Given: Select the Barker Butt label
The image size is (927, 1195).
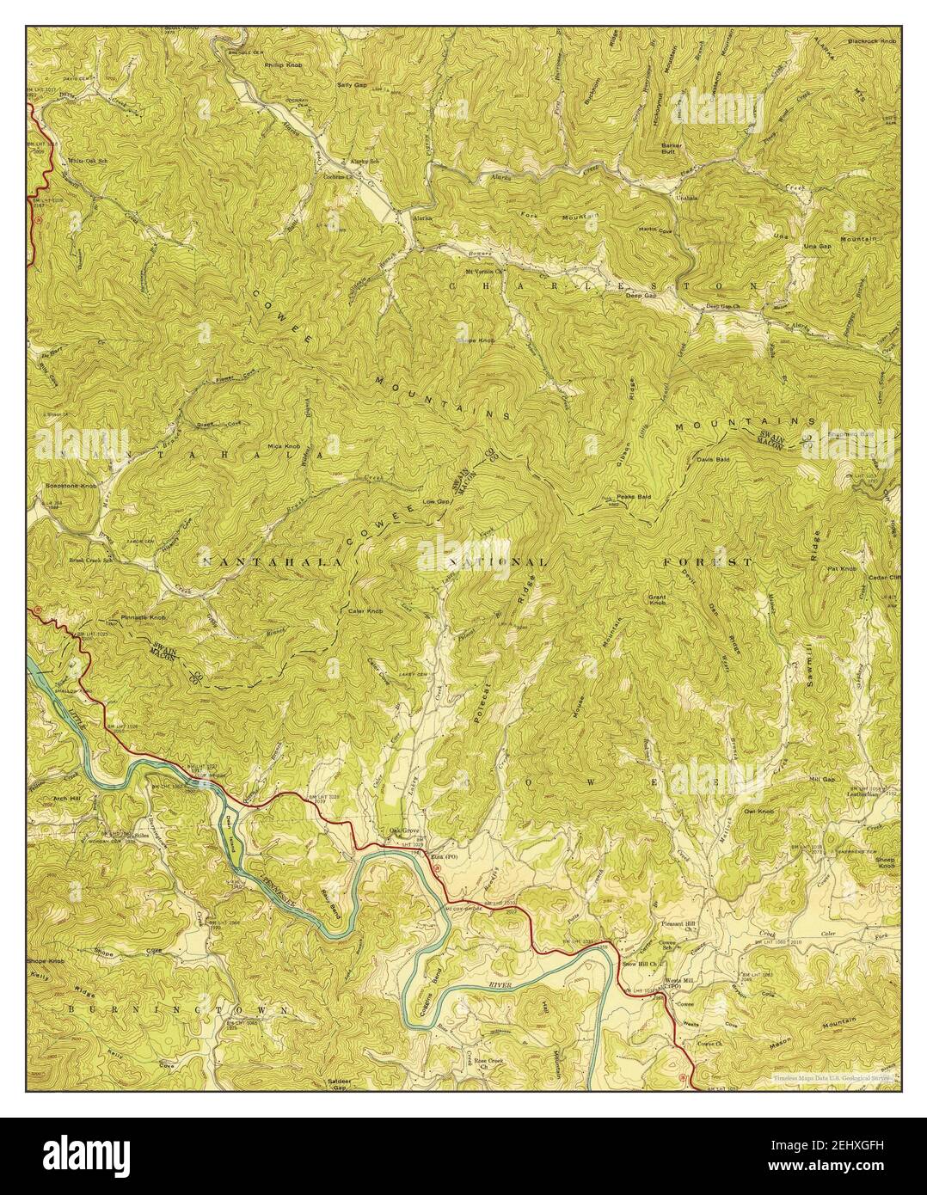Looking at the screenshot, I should [x=672, y=149].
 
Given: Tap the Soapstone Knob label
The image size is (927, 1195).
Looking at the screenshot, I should [x=69, y=486].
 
